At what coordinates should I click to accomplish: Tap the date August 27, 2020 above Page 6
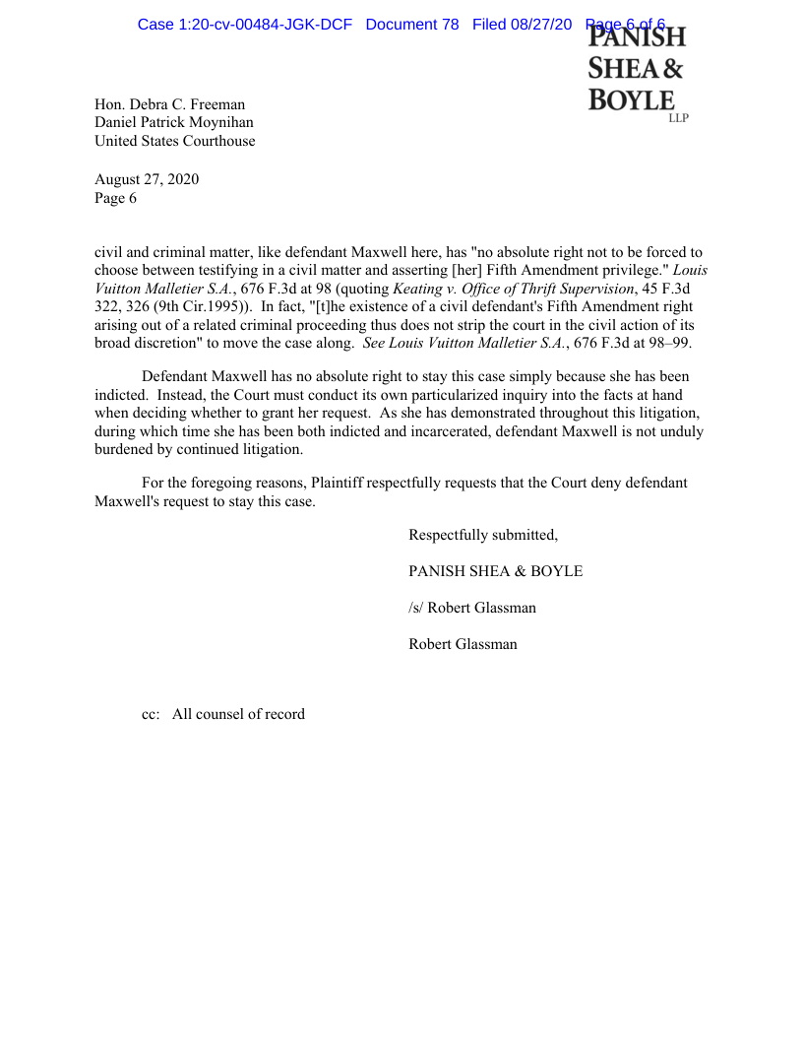click(147, 179)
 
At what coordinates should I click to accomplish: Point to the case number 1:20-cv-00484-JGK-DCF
click(245, 24)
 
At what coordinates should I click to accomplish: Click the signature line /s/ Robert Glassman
click(472, 608)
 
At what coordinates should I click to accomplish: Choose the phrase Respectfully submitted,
click(483, 535)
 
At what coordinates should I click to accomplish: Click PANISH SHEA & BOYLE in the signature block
click(495, 571)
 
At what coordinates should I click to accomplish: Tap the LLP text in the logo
click(678, 118)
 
